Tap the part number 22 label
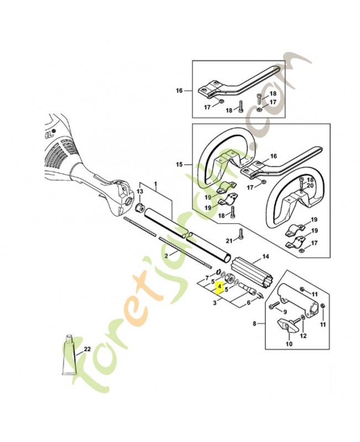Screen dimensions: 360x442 [87, 349]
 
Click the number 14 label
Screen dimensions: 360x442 [266, 256]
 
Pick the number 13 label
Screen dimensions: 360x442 [140, 191]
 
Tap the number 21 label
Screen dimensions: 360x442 [229, 240]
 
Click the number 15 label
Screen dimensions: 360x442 [179, 164]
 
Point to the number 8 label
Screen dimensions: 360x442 [255, 324]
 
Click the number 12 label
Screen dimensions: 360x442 [303, 336]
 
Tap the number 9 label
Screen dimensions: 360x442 [284, 312]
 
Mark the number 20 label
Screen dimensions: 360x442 [310, 186]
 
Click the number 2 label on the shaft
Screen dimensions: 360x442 [166, 256]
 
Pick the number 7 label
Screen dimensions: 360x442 [207, 277]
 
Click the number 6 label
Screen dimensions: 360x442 [248, 302]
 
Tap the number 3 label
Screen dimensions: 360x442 [215, 303]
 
